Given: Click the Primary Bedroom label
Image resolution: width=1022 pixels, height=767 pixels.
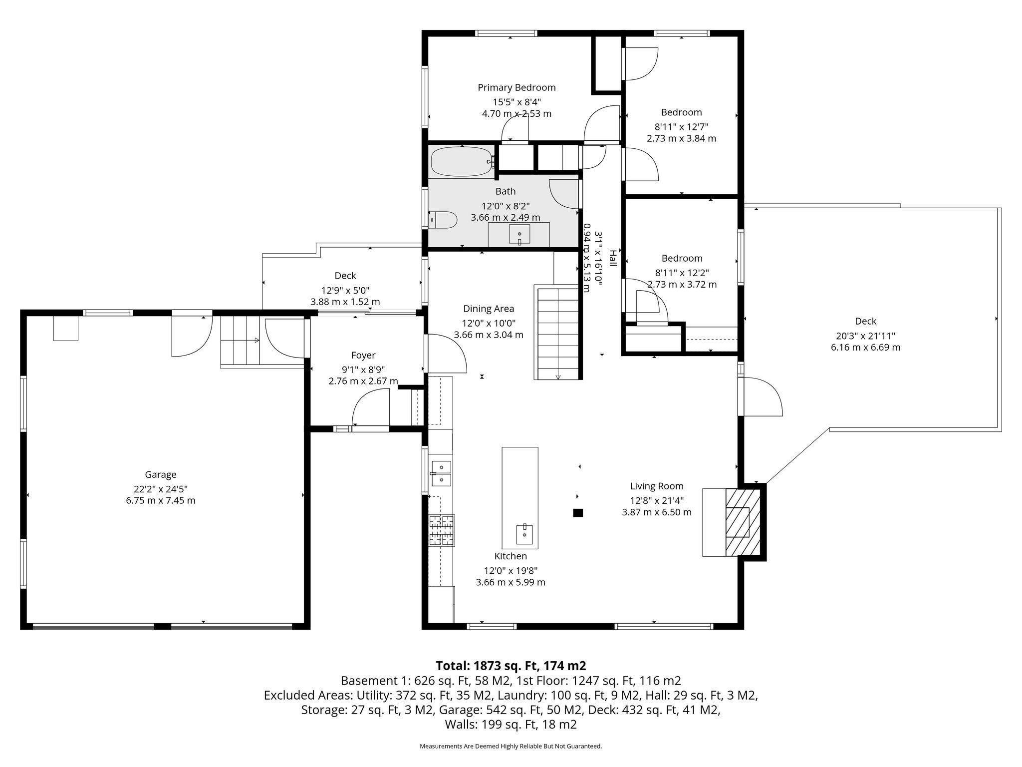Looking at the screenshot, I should tap(516, 88).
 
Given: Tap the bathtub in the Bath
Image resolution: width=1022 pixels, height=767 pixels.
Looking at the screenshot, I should tap(461, 161).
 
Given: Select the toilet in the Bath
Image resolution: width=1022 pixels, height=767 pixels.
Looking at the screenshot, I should tap(444, 220).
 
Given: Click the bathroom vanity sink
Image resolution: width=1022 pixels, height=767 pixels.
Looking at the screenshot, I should tap(519, 234).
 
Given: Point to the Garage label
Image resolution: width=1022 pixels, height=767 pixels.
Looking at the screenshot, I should tap(160, 475).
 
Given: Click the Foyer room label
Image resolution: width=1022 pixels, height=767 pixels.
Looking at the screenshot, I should tap(363, 356).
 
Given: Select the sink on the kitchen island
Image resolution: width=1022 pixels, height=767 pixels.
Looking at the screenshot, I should tap(524, 534).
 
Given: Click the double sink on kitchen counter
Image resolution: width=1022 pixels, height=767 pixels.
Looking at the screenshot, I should tap(442, 473).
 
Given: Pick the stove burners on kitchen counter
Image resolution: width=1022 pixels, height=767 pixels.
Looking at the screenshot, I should tap(442, 530).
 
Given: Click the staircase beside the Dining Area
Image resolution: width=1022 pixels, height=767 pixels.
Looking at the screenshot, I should tap(558, 332).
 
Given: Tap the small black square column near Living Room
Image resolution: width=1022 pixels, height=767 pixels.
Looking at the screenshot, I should tap(578, 512).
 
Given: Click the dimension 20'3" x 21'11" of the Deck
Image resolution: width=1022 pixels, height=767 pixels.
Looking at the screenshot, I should tap(865, 336).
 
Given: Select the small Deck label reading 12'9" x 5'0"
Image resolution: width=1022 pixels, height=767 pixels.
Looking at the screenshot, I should tap(345, 290).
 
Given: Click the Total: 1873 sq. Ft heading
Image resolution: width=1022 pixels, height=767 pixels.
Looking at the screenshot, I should tap(511, 666).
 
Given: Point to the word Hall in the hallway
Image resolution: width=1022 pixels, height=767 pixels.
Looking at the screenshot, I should tap(613, 258).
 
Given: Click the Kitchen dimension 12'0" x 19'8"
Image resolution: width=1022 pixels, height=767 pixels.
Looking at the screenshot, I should tap(510, 571).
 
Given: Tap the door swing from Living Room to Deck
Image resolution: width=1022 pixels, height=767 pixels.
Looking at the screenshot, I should tap(761, 397).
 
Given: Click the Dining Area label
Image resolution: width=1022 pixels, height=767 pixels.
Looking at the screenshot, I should tap(488, 309).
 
